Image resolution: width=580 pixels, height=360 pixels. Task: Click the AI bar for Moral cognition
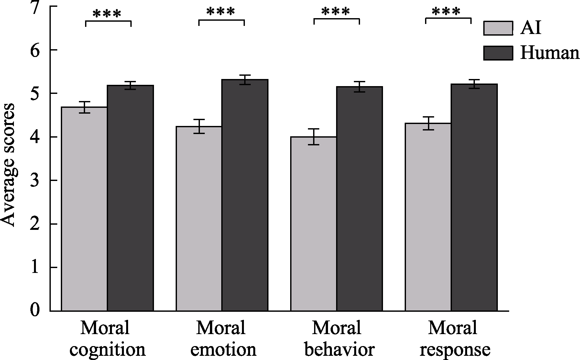[84, 209]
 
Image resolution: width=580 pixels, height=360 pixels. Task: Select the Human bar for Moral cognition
[130, 198]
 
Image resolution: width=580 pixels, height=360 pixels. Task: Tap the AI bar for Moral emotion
[199, 219]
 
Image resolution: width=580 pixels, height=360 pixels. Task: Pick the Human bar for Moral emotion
[245, 195]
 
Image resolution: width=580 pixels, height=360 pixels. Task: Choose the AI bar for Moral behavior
[313, 224]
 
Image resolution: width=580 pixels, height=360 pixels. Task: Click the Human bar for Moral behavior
[359, 199]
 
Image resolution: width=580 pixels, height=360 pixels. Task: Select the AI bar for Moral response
[428, 217]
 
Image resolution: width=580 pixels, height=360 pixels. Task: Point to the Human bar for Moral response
[474, 197]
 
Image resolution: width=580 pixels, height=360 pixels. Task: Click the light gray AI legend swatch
[498, 28]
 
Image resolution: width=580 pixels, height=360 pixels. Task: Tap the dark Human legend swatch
[498, 53]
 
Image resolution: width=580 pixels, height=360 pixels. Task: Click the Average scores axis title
[8, 165]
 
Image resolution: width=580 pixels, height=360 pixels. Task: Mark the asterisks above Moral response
[446, 12]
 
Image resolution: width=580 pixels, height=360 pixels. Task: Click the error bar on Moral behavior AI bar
[313, 137]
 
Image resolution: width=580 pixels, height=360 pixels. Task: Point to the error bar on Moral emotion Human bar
[245, 80]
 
